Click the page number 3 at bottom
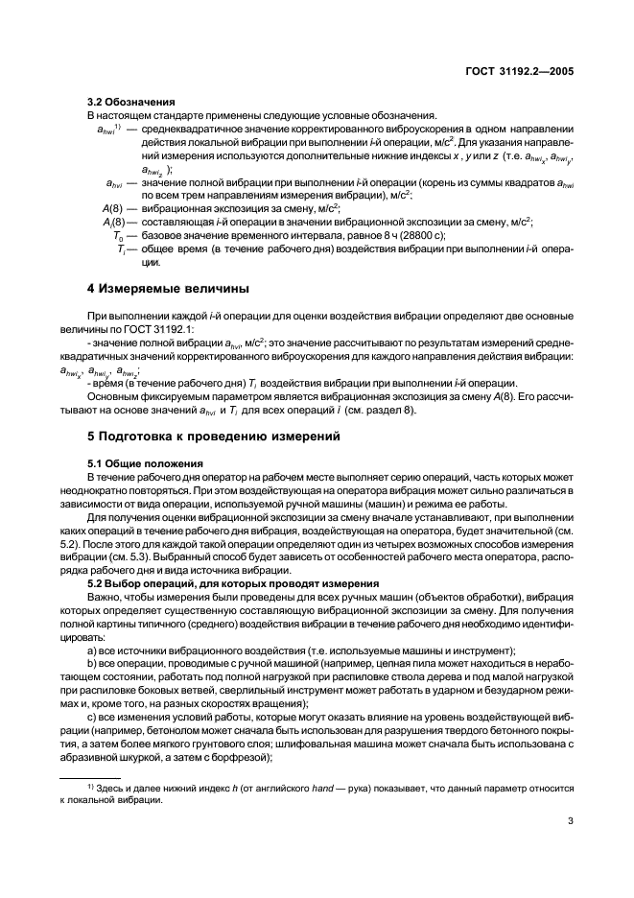(x=570, y=820)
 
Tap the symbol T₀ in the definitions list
(x=118, y=235)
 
